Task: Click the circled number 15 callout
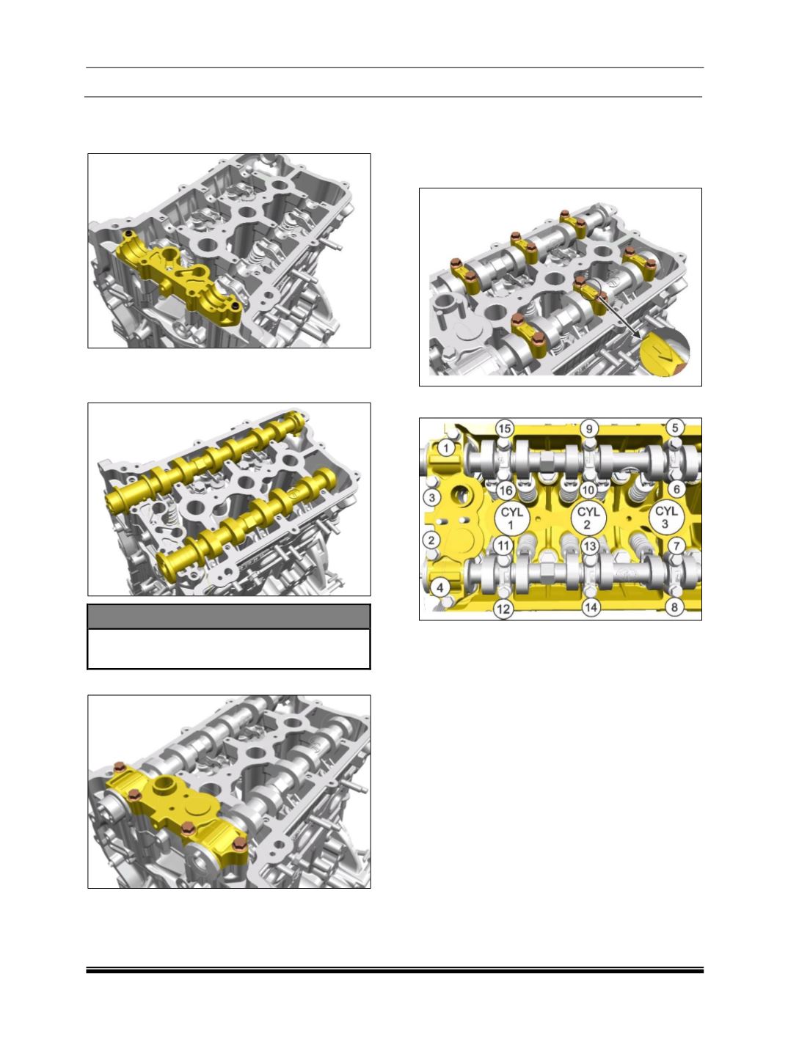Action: (x=505, y=429)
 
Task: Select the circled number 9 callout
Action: (x=589, y=429)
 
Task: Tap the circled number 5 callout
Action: (x=674, y=428)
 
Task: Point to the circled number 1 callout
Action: (x=445, y=447)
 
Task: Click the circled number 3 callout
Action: (x=431, y=498)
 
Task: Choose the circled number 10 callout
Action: (x=588, y=490)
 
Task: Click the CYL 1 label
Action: (x=511, y=518)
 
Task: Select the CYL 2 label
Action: (x=588, y=518)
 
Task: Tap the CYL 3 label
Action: (x=666, y=518)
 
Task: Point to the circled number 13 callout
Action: (x=589, y=546)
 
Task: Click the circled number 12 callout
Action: (x=503, y=609)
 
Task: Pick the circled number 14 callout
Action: (x=591, y=607)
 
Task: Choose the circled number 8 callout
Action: (x=674, y=607)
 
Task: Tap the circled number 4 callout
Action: (x=439, y=587)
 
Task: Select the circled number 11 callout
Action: (x=503, y=546)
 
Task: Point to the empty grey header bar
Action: (x=228, y=617)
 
